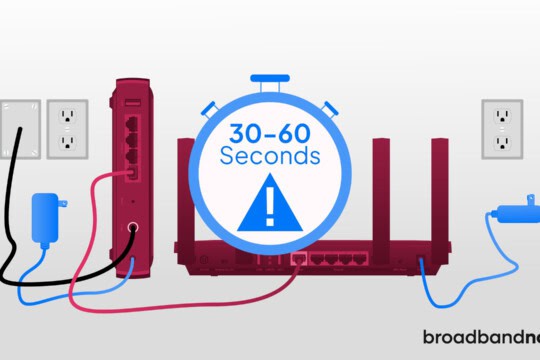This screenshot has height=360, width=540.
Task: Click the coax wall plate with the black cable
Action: pyautogui.click(x=20, y=128)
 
